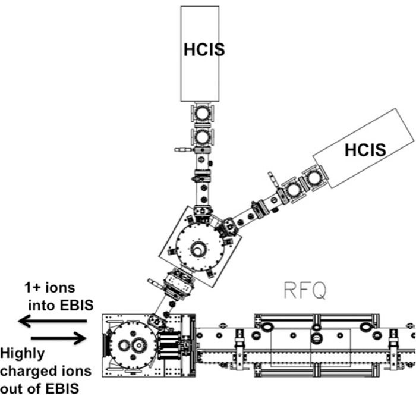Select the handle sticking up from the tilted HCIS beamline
pyautogui.click(x=272, y=178)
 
